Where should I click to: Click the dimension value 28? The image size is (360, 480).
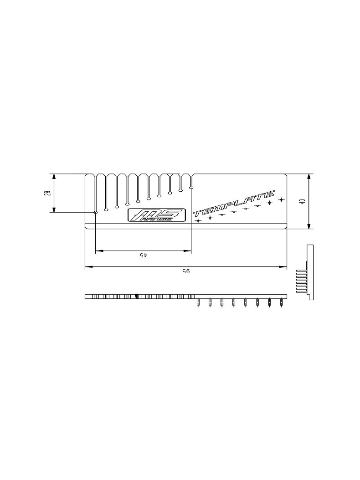tap(47, 193)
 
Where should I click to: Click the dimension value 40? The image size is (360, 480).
tap(302, 201)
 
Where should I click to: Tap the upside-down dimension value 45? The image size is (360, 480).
tap(143, 255)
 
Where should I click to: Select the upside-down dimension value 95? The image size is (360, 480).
tap(186, 271)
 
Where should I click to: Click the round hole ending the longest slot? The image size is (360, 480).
tap(95, 212)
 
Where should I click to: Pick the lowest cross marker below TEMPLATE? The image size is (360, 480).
tap(198, 220)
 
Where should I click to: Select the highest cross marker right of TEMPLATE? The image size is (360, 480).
tap(281, 199)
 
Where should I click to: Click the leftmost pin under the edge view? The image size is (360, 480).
tap(198, 302)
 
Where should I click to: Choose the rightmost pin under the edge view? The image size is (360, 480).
tap(281, 302)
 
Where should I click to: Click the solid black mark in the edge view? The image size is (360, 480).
tap(136, 296)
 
